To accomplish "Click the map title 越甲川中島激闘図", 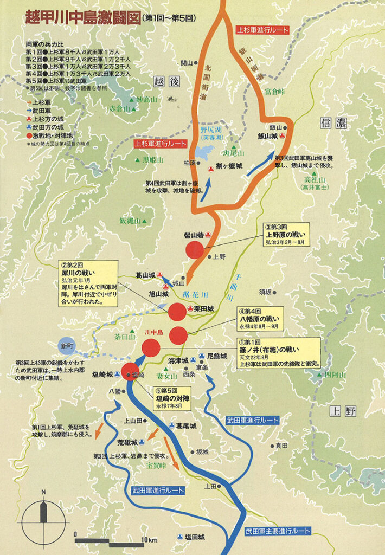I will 81,17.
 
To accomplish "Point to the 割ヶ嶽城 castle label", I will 228,166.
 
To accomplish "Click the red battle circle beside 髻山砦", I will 195,250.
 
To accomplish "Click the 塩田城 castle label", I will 194,537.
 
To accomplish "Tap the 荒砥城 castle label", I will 128,442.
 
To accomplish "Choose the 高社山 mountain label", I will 314,178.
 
